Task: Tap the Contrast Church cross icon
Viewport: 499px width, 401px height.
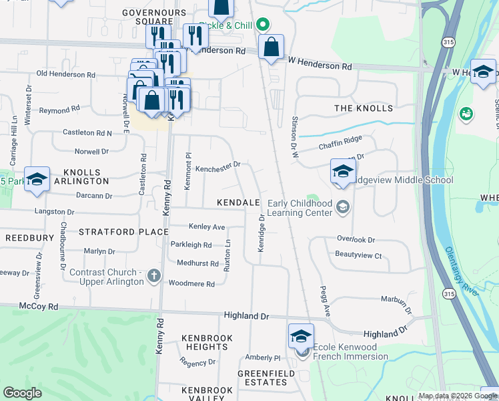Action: (154, 275)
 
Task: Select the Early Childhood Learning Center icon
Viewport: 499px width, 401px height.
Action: (343, 207)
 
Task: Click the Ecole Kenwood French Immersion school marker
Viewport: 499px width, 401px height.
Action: (301, 336)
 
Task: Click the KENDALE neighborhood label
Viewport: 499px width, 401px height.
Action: (238, 202)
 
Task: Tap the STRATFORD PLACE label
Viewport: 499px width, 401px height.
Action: (123, 232)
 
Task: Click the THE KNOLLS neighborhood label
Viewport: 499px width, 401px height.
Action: (364, 108)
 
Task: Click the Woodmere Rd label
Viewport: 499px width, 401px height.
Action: (191, 284)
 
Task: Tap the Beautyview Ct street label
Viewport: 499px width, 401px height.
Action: (358, 255)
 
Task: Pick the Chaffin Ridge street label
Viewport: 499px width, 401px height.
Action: (340, 138)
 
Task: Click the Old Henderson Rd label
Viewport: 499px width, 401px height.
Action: (65, 74)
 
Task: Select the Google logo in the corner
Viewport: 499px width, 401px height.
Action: (22, 392)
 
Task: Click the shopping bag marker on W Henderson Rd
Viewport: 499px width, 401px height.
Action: (271, 48)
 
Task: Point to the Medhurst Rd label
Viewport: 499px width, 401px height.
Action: (197, 263)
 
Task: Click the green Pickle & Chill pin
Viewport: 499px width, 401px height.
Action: (263, 25)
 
